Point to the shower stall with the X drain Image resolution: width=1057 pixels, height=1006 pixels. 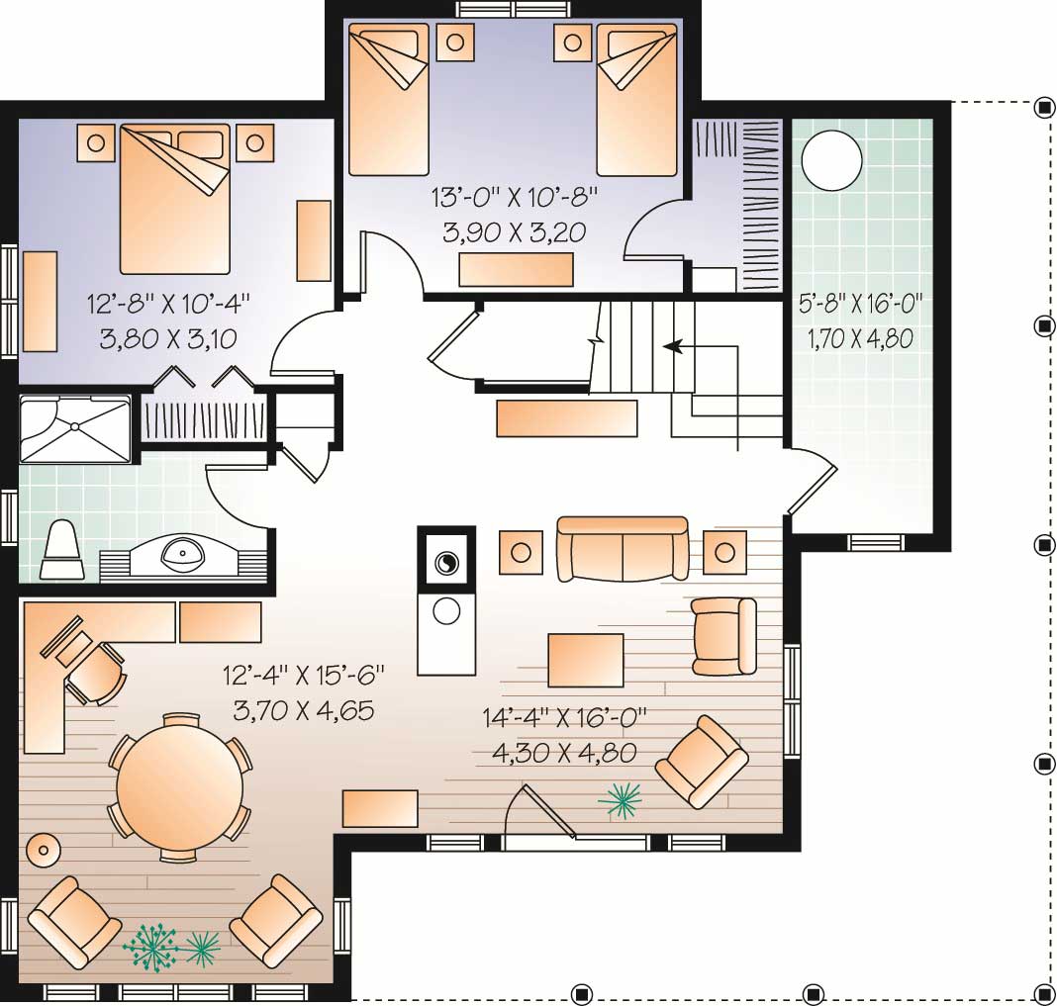coord(75,428)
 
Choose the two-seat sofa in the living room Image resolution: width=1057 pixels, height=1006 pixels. coord(623,548)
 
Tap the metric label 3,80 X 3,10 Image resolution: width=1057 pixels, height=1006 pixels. coord(169,338)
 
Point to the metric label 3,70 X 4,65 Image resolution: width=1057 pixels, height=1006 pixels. coord(303,710)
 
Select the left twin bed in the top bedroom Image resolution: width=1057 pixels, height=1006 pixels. coord(389,99)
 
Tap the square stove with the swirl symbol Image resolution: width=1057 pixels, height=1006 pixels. coord(445,562)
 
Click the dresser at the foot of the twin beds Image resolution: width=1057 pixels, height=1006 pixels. coord(516,270)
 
